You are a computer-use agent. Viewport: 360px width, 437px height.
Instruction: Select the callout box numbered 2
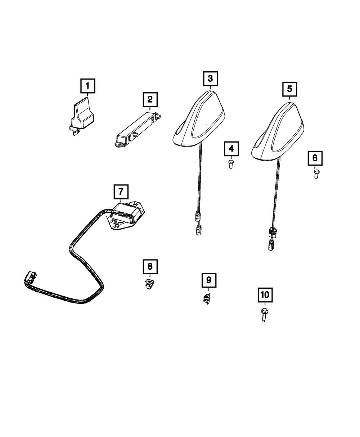[150, 99]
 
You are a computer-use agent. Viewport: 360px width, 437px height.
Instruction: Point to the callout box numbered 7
[121, 192]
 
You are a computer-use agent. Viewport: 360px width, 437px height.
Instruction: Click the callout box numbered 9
[209, 279]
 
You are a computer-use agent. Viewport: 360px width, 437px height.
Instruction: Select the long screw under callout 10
[264, 314]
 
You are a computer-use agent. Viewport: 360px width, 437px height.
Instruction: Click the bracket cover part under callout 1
[83, 115]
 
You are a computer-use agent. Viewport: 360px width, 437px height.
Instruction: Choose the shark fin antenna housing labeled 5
[279, 131]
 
